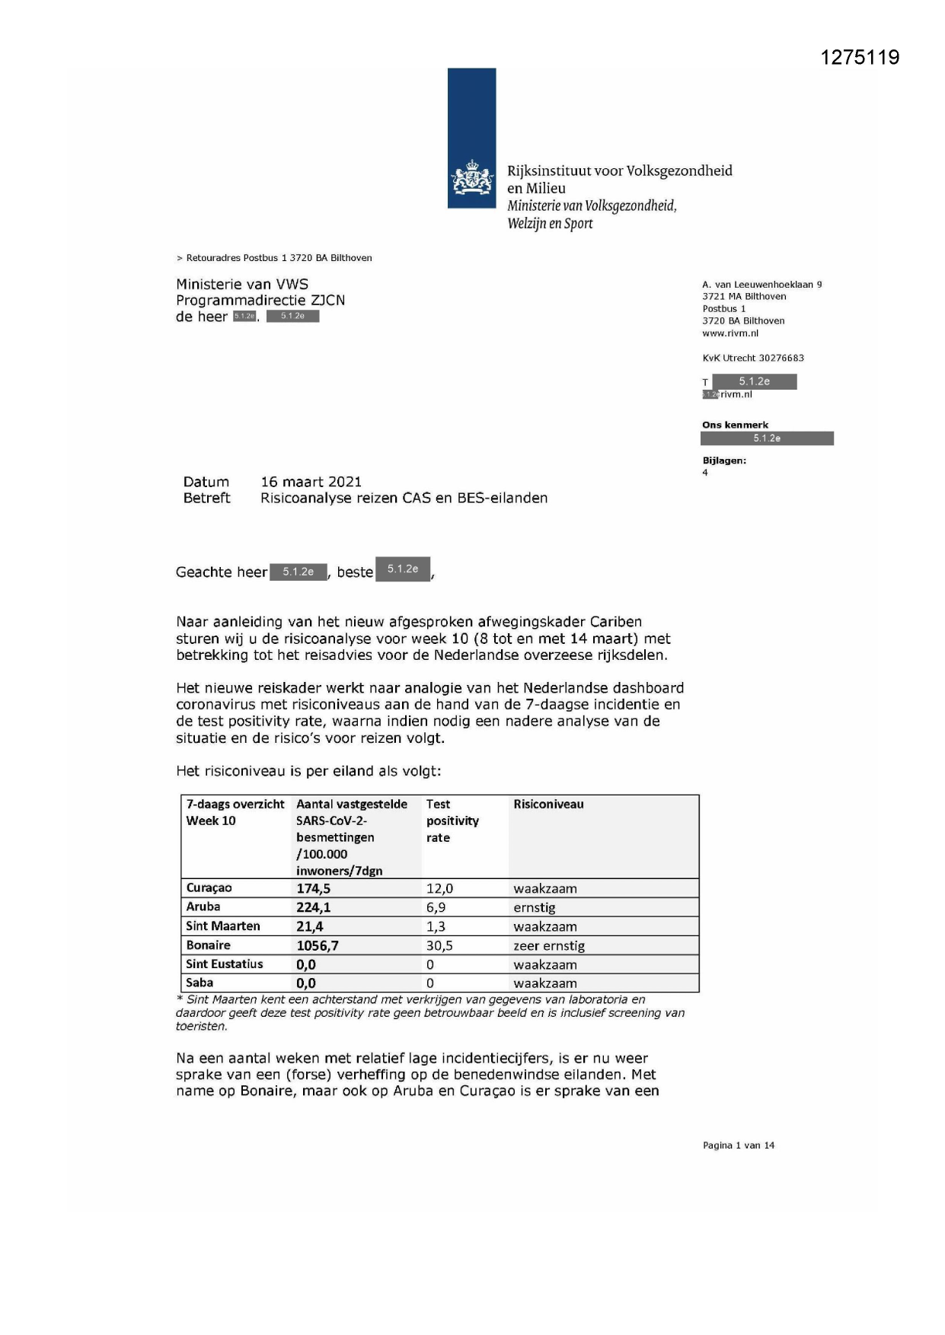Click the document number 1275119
(x=860, y=58)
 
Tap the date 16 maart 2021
(x=311, y=482)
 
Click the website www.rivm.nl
(x=730, y=333)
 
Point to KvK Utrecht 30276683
(x=752, y=358)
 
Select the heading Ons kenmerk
(x=735, y=425)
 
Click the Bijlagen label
(x=723, y=460)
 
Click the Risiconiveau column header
(x=548, y=805)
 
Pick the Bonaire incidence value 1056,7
(x=318, y=945)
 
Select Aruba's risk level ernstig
(x=535, y=907)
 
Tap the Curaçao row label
(x=209, y=888)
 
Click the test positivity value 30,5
(x=439, y=945)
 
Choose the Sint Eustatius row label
(x=225, y=964)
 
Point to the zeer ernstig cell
(x=549, y=945)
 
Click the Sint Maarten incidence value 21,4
(x=310, y=926)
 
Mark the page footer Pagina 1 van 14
(x=738, y=1145)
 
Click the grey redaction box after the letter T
(x=754, y=381)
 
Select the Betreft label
(x=206, y=499)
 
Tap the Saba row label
(x=200, y=983)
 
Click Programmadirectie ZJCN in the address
(x=260, y=301)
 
